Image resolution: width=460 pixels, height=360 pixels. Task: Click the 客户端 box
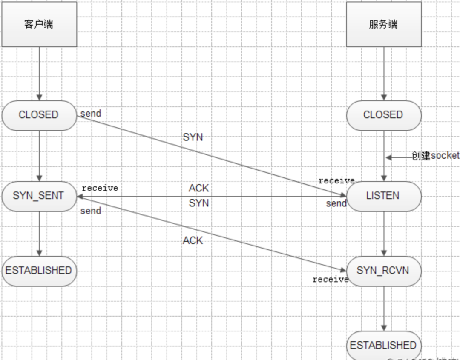point(39,24)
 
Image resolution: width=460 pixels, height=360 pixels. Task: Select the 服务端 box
point(383,24)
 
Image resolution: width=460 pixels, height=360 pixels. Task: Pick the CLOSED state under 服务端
point(383,115)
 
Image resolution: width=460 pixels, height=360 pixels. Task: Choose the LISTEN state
point(383,196)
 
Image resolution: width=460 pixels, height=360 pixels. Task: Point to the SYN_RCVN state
point(383,271)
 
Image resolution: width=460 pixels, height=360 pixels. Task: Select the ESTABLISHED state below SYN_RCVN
point(383,345)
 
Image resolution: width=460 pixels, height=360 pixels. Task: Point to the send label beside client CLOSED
point(91,114)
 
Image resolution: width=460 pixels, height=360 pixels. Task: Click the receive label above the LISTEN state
point(336,181)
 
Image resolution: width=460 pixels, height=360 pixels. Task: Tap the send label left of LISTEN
point(336,203)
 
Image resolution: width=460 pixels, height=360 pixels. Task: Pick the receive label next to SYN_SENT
point(100,188)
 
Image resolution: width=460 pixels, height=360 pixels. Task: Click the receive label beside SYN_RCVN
point(331,280)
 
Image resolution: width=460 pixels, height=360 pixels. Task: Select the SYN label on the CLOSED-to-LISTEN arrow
point(193,137)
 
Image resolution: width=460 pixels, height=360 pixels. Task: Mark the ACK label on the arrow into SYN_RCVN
point(193,241)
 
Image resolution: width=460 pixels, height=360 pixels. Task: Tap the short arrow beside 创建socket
point(398,157)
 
